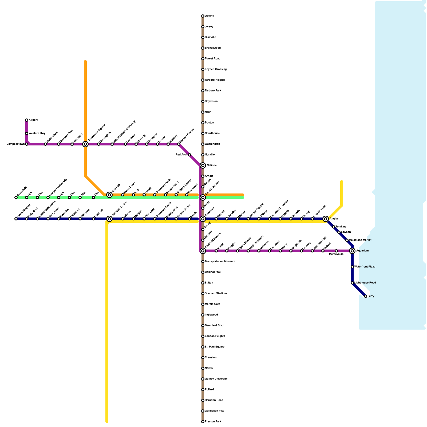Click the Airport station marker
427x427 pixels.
pyautogui.click(x=27, y=120)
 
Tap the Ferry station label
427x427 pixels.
pyautogui.click(x=371, y=296)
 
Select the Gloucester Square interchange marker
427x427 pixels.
pyautogui.click(x=85, y=144)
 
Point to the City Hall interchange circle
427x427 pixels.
pyautogui.click(x=109, y=195)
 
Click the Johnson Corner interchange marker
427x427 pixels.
pyautogui.click(x=109, y=219)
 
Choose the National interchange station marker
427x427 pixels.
pyautogui.click(x=203, y=165)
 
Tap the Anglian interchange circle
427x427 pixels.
pyautogui.click(x=326, y=219)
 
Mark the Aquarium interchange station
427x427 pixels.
pyautogui.click(x=352, y=251)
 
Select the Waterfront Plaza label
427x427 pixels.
pyautogui.click(x=365, y=267)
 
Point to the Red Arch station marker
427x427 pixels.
pyautogui.click(x=189, y=155)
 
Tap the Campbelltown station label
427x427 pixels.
pyautogui.click(x=15, y=144)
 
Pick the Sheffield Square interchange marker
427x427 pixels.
pyautogui.click(x=203, y=251)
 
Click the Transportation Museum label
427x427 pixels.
pyautogui.click(x=220, y=262)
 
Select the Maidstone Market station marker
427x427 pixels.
pyautogui.click(x=347, y=240)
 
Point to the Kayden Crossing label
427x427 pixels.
pyautogui.click(x=216, y=69)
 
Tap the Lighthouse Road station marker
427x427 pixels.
pyautogui.click(x=352, y=283)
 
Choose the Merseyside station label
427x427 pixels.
pyautogui.click(x=336, y=254)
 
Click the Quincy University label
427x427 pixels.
pyautogui.click(x=216, y=379)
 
